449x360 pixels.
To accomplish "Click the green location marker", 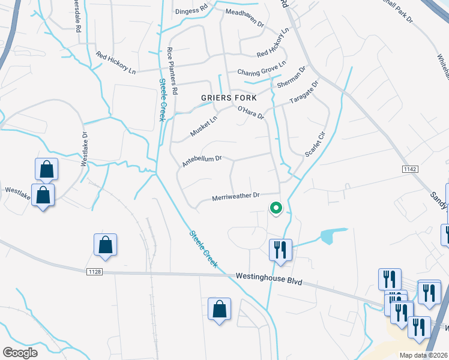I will [276, 208].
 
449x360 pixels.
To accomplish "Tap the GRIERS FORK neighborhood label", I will [229, 98].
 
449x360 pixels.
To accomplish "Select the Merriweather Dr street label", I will [235, 196].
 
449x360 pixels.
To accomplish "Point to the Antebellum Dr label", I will [202, 161].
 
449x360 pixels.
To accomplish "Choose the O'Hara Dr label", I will [251, 112].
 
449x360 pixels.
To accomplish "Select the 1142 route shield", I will [410, 170].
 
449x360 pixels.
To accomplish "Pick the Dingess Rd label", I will [191, 11].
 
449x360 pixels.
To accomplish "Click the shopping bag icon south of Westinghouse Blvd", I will [219, 310].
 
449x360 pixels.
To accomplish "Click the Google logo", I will [20, 353].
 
